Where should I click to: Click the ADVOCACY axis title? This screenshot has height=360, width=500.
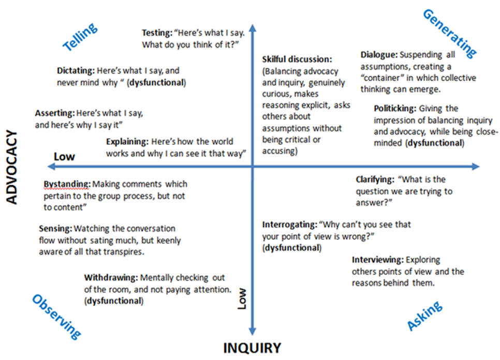(12, 167)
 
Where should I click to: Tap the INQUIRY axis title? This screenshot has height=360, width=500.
(252, 348)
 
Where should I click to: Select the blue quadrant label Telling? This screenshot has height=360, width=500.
(80, 37)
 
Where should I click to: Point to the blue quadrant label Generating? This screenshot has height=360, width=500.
(450, 34)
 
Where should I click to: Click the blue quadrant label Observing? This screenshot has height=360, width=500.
(56, 317)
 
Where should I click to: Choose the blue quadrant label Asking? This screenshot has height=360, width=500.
(424, 316)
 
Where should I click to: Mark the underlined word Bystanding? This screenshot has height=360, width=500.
(67, 184)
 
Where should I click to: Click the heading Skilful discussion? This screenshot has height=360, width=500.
(297, 59)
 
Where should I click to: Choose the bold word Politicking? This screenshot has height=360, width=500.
(395, 109)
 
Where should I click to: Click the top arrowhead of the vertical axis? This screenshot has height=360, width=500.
(253, 28)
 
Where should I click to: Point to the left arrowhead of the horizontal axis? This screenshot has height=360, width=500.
(51, 167)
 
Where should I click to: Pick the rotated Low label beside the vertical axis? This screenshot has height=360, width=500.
(242, 298)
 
